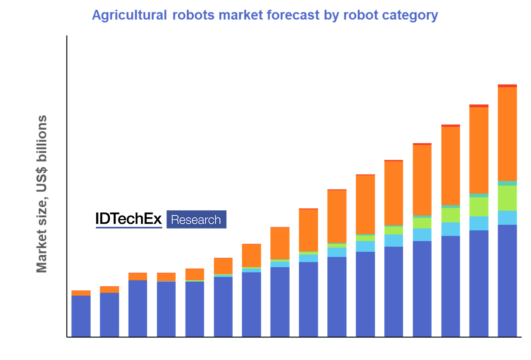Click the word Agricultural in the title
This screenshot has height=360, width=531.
click(129, 16)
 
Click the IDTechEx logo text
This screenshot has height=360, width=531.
click(129, 219)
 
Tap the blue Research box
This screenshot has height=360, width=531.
click(196, 220)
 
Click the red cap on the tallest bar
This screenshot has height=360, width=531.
click(507, 86)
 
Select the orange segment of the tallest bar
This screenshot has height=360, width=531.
click(507, 134)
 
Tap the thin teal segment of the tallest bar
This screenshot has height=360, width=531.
click(507, 183)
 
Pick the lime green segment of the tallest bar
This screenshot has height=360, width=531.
click(507, 198)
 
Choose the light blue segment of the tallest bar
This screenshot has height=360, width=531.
click(507, 218)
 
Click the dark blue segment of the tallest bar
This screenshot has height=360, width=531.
click(507, 280)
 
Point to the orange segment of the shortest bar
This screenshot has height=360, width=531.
click(81, 293)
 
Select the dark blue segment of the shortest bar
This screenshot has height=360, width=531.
click(81, 316)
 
